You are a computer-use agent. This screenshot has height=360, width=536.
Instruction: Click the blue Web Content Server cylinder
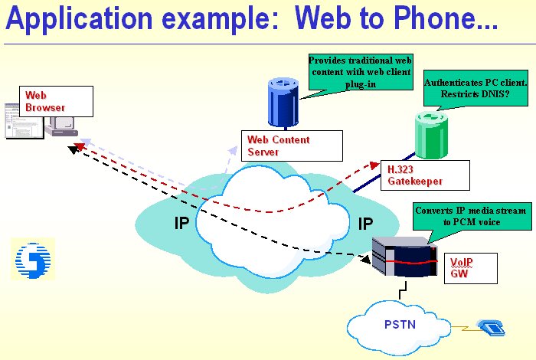pyautogui.click(x=283, y=103)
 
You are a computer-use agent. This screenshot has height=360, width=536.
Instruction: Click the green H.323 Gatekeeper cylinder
pyautogui.click(x=431, y=136)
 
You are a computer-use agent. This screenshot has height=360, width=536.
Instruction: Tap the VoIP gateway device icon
pyautogui.click(x=405, y=257)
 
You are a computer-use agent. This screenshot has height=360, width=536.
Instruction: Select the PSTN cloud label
pyautogui.click(x=400, y=324)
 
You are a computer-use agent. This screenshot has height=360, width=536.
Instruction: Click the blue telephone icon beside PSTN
pyautogui.click(x=492, y=327)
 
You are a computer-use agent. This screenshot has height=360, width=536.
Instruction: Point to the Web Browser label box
pyautogui.click(x=56, y=102)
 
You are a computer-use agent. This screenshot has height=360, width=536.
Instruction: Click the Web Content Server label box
pyautogui.click(x=292, y=146)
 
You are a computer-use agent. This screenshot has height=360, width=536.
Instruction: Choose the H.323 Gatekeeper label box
pyautogui.click(x=425, y=175)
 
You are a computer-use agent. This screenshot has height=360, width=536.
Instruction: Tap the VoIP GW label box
pyautogui.click(x=471, y=268)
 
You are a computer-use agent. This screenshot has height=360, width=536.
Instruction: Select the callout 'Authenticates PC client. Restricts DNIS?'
pyautogui.click(x=476, y=88)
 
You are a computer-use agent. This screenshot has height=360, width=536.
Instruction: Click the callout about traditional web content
pyautogui.click(x=361, y=72)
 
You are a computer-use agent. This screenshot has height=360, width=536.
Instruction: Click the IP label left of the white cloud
pyautogui.click(x=181, y=223)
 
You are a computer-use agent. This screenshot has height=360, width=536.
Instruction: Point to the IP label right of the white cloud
pyautogui.click(x=365, y=224)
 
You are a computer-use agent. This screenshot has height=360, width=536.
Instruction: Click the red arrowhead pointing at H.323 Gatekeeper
pyautogui.click(x=375, y=165)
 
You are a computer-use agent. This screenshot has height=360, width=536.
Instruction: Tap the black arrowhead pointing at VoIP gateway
pyautogui.click(x=366, y=259)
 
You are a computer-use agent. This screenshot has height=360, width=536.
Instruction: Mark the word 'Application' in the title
pyautogui.click(x=80, y=19)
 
